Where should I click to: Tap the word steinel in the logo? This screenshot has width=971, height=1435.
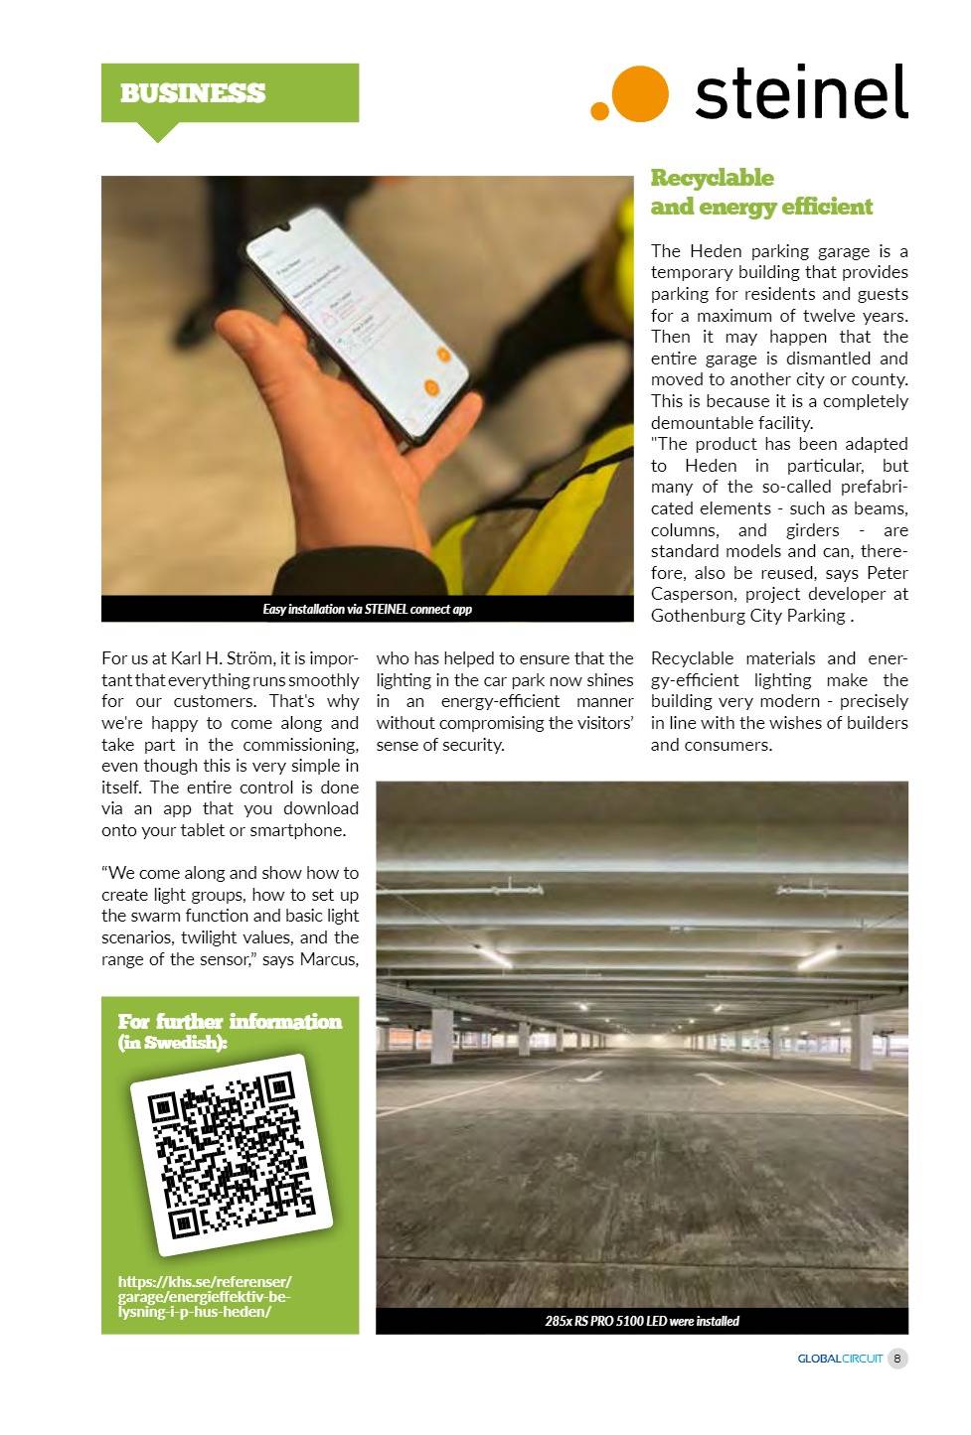pos(800,92)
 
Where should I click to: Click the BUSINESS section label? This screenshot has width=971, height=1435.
pos(193,93)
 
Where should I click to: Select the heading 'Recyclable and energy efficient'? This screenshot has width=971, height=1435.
pos(760,192)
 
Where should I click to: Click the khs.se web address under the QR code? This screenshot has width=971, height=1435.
pos(204,1296)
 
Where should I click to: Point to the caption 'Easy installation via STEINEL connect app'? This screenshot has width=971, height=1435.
pos(367,609)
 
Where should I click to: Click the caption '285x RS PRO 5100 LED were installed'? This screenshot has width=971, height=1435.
pos(641,1321)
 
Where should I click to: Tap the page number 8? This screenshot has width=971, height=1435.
pos(896,1359)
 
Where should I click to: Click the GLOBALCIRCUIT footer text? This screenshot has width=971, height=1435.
pos(839,1359)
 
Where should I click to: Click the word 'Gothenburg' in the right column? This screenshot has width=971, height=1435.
pos(697,616)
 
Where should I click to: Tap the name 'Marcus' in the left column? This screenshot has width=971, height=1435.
pos(329,959)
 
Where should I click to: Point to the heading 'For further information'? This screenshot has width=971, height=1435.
pos(230,1021)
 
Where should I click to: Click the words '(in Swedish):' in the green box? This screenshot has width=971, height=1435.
pos(172,1043)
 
